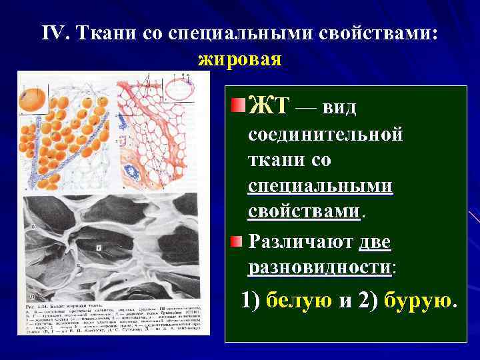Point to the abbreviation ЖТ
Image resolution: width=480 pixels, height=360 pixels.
pyautogui.click(x=268, y=105)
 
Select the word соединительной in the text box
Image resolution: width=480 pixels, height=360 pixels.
pyautogui.click(x=325, y=134)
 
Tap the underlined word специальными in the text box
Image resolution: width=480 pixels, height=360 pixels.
pyautogui.click(x=320, y=186)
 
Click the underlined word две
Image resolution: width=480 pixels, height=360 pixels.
pyautogui.click(x=374, y=241)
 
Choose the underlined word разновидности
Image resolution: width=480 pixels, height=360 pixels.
pyautogui.click(x=319, y=267)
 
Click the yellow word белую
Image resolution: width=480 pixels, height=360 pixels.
pyautogui.click(x=300, y=301)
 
